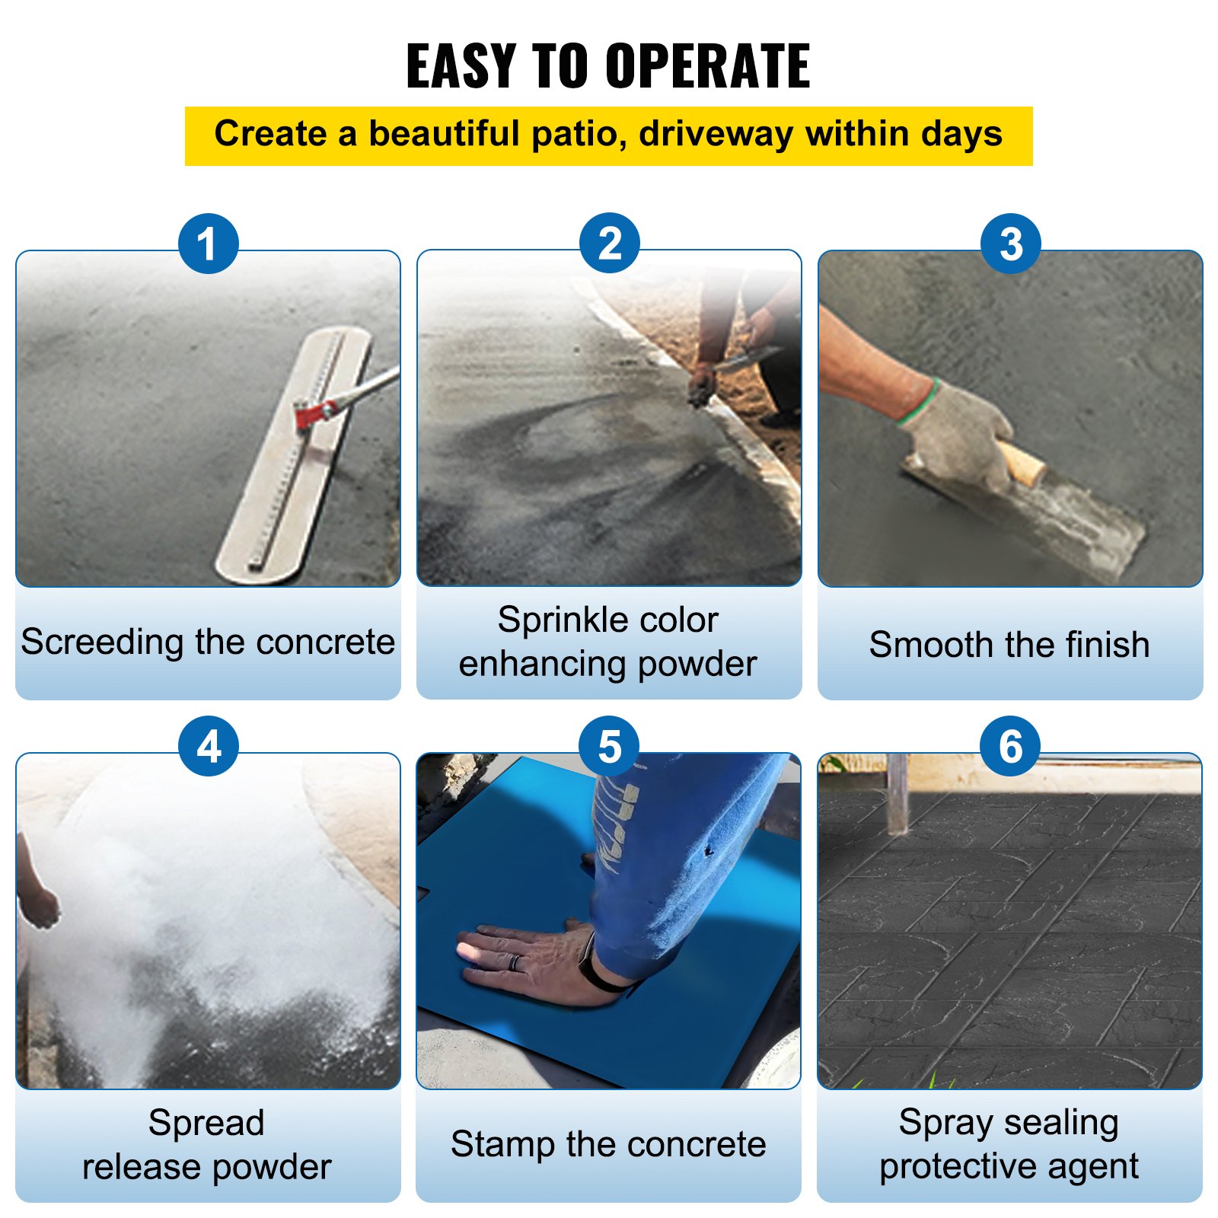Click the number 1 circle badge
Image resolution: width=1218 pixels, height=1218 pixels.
[x=208, y=244]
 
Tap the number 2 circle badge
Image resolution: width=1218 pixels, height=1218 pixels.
[x=609, y=244]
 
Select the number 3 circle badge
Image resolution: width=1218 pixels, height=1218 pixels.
[x=1010, y=244]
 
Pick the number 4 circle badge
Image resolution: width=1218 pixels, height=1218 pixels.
[x=208, y=746]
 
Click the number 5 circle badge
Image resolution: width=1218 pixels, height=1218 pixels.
[x=609, y=746]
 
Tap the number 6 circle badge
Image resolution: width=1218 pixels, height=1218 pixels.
[x=1010, y=746]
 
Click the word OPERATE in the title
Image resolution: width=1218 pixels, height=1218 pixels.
[x=708, y=66]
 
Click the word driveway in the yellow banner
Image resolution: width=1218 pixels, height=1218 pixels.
[x=716, y=135]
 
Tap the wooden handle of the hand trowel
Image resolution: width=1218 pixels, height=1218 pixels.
[x=1022, y=464]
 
